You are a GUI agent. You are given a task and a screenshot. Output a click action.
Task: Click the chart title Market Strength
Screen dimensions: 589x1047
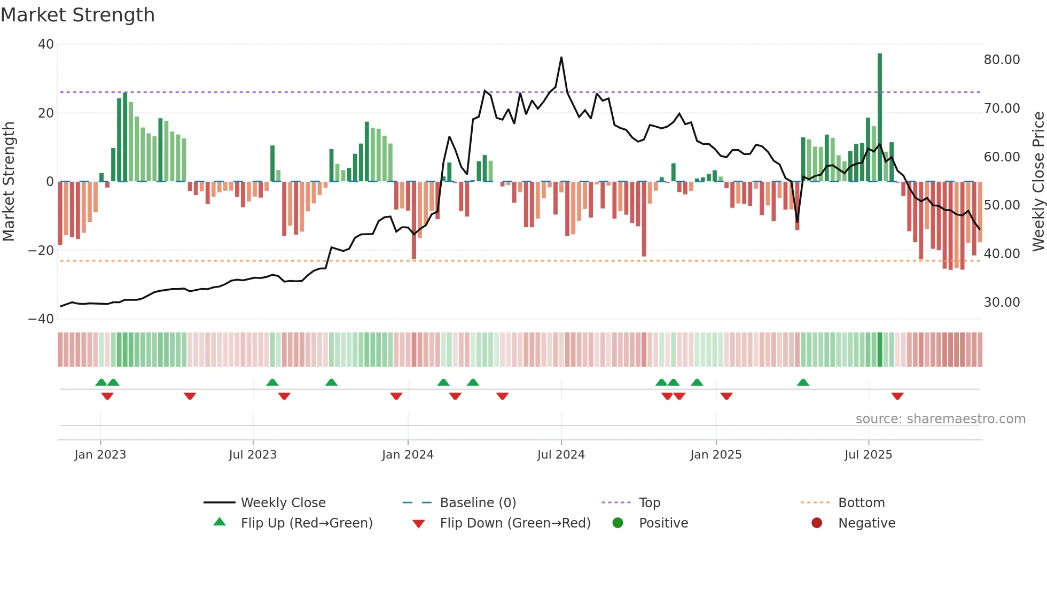[77, 15]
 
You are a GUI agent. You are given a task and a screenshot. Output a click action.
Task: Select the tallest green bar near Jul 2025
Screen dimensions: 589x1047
[880, 118]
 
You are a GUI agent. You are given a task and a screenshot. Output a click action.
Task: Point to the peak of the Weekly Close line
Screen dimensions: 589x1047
[561, 57]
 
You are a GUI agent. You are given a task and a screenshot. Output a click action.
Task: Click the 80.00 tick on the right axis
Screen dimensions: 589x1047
[1002, 60]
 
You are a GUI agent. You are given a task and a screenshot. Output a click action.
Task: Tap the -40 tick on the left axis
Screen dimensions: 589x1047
[41, 319]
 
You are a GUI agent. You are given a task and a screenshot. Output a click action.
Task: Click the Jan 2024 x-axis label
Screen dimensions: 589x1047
[408, 455]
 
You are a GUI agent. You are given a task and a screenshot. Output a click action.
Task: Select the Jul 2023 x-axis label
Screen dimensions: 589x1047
[253, 455]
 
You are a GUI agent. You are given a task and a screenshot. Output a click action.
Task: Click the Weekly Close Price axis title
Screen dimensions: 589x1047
[1038, 182]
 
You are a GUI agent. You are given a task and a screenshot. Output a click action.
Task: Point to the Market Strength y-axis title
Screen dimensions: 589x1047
[9, 182]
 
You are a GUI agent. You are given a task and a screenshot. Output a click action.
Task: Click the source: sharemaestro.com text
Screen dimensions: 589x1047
[940, 419]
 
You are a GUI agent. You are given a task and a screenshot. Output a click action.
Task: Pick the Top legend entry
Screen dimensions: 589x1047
[649, 503]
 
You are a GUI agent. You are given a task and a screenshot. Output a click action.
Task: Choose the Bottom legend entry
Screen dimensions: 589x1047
[861, 503]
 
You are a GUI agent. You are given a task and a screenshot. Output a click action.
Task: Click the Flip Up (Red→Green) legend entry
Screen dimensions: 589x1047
[306, 523]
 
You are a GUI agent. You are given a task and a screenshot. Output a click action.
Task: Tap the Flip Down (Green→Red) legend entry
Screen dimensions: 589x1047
[515, 523]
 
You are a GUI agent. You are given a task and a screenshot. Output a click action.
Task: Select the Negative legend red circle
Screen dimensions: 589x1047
[817, 523]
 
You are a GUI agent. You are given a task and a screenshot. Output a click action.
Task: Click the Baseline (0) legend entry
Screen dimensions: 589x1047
[478, 503]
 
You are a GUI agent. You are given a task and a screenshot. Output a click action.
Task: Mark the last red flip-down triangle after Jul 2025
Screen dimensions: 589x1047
[897, 396]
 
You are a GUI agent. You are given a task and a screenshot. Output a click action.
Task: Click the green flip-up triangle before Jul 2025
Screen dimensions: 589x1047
[803, 382]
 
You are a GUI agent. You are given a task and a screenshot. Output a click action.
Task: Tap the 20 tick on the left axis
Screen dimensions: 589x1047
[45, 113]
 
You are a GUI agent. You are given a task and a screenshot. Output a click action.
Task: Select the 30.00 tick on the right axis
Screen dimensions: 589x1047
[1002, 303]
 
